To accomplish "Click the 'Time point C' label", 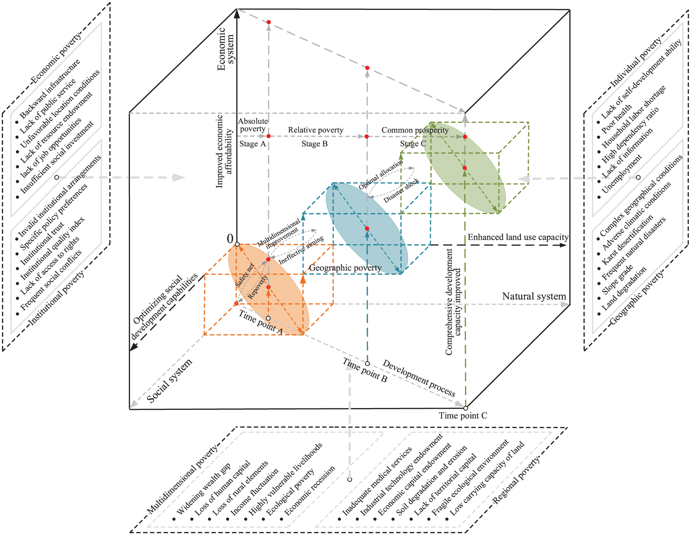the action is click(463, 416).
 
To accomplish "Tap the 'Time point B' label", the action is click(365, 370).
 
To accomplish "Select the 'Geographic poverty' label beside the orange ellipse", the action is click(345, 268).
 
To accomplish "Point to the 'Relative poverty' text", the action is click(315, 130).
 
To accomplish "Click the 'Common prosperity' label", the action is click(415, 130).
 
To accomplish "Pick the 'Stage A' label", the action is click(253, 144).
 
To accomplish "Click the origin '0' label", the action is click(230, 239).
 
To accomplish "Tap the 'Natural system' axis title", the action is click(534, 296).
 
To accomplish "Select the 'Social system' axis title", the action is click(169, 380).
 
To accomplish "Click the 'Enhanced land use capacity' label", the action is click(518, 237).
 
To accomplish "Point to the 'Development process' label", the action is click(419, 378).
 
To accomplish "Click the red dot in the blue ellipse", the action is click(367, 229).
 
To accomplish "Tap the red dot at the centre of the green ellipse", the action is click(465, 168).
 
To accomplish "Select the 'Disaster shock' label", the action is click(401, 190).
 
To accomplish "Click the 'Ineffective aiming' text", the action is click(301, 250).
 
